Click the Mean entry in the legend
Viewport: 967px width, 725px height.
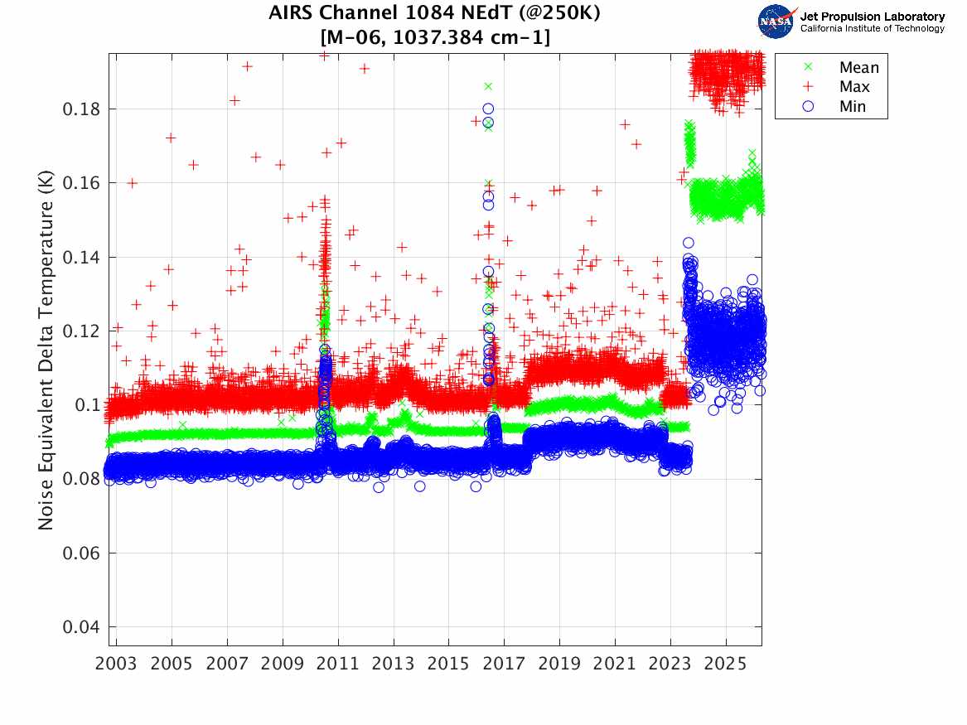click(x=858, y=67)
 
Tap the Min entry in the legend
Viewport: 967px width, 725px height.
click(x=853, y=107)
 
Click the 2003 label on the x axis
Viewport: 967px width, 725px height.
click(x=117, y=665)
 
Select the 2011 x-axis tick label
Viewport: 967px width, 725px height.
click(x=338, y=665)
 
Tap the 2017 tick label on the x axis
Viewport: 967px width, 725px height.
click(x=505, y=665)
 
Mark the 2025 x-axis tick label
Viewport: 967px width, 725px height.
click(x=726, y=665)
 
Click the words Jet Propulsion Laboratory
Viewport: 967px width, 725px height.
click(x=872, y=17)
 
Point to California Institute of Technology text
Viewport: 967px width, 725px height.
click(x=872, y=29)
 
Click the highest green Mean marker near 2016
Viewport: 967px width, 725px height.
click(x=488, y=86)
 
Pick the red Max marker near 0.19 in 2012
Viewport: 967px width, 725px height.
click(x=364, y=69)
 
